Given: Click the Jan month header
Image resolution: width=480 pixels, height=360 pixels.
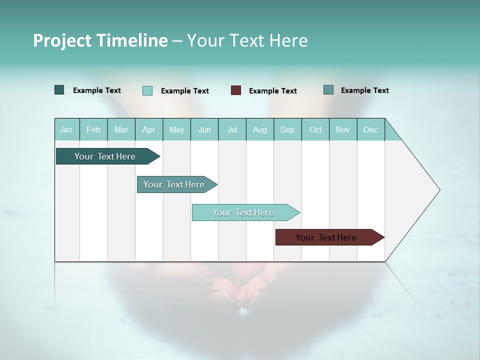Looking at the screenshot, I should (66, 129).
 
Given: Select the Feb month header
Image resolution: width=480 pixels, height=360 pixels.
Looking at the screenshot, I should (93, 129).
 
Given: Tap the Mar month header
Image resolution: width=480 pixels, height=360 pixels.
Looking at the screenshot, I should (121, 129).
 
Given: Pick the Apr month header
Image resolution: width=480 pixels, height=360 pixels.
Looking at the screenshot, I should (149, 129).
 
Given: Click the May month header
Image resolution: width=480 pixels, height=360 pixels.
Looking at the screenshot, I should (176, 129).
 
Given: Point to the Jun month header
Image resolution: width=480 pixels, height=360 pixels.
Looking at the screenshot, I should (204, 129).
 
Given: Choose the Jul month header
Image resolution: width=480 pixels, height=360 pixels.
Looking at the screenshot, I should (232, 129).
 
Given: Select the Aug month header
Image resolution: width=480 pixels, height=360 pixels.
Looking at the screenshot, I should (260, 129).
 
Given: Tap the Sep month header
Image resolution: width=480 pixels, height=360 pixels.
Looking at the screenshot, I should (287, 129).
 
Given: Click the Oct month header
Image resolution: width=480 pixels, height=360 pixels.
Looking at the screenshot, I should (315, 129).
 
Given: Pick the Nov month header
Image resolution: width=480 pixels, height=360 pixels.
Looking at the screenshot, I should (343, 129).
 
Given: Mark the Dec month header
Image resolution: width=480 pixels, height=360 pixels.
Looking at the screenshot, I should (371, 129).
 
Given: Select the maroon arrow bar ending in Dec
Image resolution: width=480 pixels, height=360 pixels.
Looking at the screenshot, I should (326, 237).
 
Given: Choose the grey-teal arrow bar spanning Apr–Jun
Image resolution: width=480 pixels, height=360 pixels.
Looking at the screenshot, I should (174, 184).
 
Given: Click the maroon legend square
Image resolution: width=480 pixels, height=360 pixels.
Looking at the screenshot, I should (236, 90).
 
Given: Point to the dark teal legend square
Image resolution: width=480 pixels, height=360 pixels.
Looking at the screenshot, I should (59, 90).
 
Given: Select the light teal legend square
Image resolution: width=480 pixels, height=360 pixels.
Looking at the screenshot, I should (147, 90).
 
